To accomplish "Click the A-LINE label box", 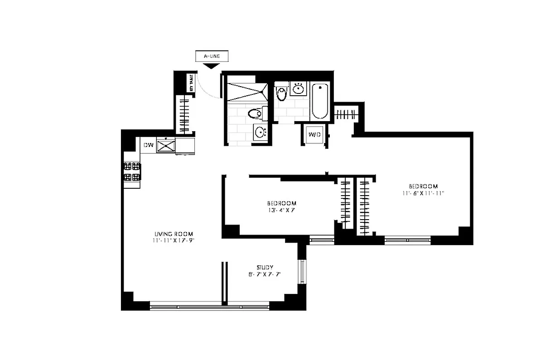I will (x=211, y=57).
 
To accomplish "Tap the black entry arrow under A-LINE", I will (x=211, y=67).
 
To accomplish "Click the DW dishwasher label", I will (x=148, y=145).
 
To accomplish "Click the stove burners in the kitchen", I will (x=131, y=172).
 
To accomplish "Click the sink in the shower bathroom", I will (x=260, y=132).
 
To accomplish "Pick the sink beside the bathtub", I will (x=298, y=88).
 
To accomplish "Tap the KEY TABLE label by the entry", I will (x=191, y=83).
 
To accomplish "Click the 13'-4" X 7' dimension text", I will (x=281, y=210).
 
